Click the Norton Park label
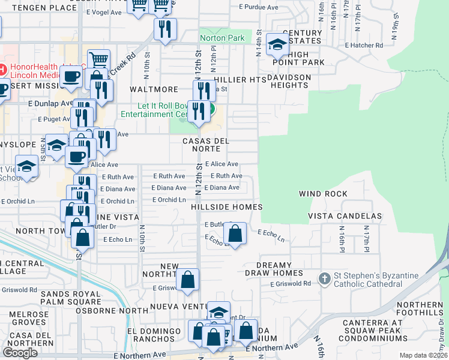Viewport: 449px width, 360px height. [x=222, y=38]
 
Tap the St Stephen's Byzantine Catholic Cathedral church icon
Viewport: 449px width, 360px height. [x=324, y=278]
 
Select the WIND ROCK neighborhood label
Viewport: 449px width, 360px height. [x=324, y=194]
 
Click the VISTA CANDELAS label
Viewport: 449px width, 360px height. [x=345, y=216]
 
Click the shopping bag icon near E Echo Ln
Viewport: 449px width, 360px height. [x=235, y=233]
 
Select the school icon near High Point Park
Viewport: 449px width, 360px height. [x=277, y=44]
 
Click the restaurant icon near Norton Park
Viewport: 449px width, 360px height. [x=164, y=29]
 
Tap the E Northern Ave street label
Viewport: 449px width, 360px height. [x=272, y=347]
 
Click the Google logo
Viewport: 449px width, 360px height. [x=20, y=353]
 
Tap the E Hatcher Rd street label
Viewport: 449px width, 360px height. [x=364, y=45]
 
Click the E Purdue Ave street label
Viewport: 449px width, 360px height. [x=259, y=7]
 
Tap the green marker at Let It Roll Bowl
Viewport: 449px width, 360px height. [x=211, y=110]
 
